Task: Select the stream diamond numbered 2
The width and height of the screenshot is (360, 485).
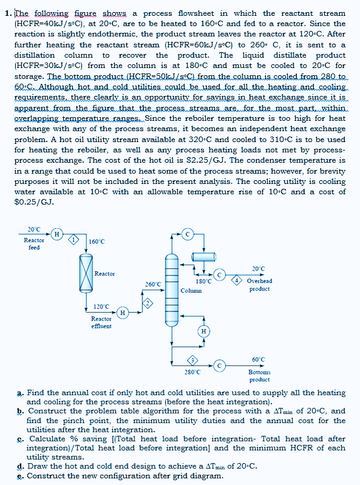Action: click(x=145, y=302)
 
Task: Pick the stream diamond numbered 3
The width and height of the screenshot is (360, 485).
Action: click(x=192, y=361)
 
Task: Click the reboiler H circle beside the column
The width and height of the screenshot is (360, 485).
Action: click(x=204, y=331)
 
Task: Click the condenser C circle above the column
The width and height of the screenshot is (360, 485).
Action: click(x=188, y=233)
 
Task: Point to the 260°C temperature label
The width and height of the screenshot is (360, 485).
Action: click(x=153, y=284)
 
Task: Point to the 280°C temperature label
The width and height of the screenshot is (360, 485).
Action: click(x=192, y=371)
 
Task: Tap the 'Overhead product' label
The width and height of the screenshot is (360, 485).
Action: click(x=259, y=285)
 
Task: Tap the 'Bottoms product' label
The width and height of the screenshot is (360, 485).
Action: click(x=259, y=376)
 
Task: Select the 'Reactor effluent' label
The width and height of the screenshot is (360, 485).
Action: click(x=101, y=322)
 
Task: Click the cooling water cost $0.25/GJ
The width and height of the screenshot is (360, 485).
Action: click(x=33, y=202)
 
